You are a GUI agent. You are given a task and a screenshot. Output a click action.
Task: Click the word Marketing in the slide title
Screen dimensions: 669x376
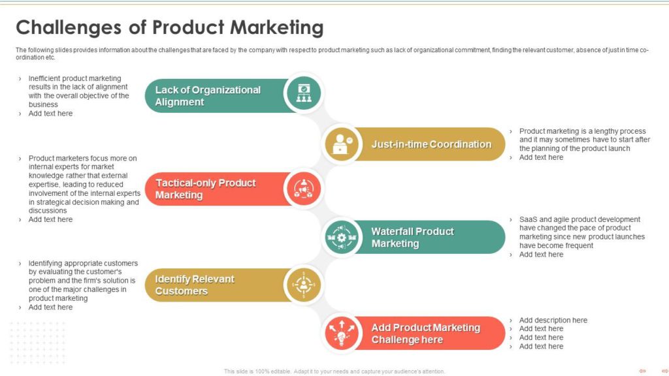(277, 27)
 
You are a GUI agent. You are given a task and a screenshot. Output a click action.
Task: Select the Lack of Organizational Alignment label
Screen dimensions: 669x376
(208, 96)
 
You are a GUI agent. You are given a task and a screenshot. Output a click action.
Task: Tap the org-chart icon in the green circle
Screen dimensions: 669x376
(304, 93)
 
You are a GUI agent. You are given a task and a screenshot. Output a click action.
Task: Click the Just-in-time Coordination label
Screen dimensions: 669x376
(431, 144)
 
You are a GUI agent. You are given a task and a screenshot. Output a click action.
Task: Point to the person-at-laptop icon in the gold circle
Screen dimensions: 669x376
(342, 144)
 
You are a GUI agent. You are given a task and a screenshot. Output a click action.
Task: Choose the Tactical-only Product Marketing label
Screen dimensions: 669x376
(205, 189)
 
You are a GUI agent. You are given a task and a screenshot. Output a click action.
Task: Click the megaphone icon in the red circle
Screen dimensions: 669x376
(303, 189)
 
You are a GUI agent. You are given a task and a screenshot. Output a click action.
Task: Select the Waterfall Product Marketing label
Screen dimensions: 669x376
(413, 237)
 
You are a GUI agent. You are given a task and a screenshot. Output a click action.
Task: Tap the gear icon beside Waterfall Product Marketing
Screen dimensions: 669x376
(341, 238)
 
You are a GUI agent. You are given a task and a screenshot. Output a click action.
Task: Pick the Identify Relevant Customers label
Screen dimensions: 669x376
(195, 285)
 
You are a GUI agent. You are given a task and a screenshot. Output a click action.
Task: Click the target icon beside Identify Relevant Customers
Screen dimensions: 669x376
(303, 285)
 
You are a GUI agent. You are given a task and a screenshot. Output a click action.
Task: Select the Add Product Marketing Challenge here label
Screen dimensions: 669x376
(425, 334)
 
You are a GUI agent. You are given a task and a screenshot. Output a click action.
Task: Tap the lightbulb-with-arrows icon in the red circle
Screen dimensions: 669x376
(342, 333)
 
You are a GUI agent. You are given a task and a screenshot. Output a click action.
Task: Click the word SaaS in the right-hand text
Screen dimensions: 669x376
(528, 219)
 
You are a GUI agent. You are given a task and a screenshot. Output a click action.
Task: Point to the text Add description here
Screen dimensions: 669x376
(553, 320)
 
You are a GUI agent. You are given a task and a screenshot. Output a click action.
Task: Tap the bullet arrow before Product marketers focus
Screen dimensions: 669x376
(20, 159)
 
